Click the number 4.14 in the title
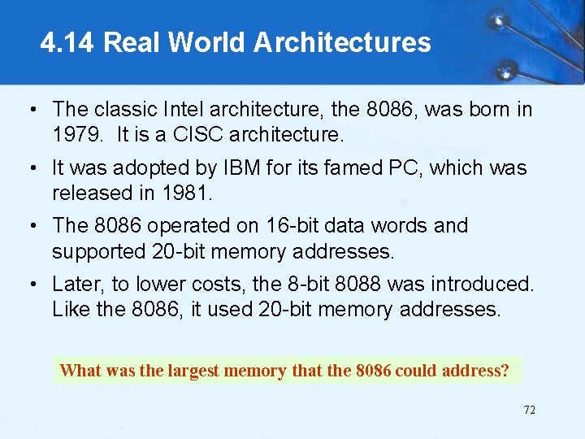(68, 42)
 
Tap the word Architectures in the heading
(342, 42)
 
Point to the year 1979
(78, 134)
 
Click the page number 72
(529, 410)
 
